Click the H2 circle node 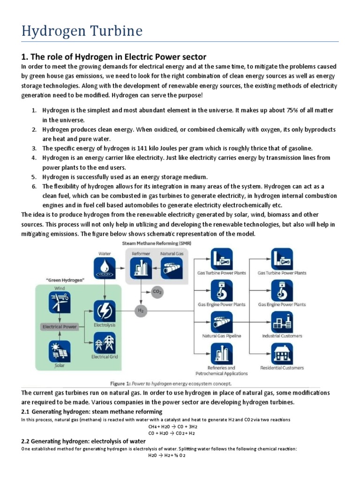(140, 310)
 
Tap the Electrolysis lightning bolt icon (104, 311)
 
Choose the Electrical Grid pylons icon (104, 343)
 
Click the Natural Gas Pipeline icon (222, 323)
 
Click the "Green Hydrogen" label (59, 280)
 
